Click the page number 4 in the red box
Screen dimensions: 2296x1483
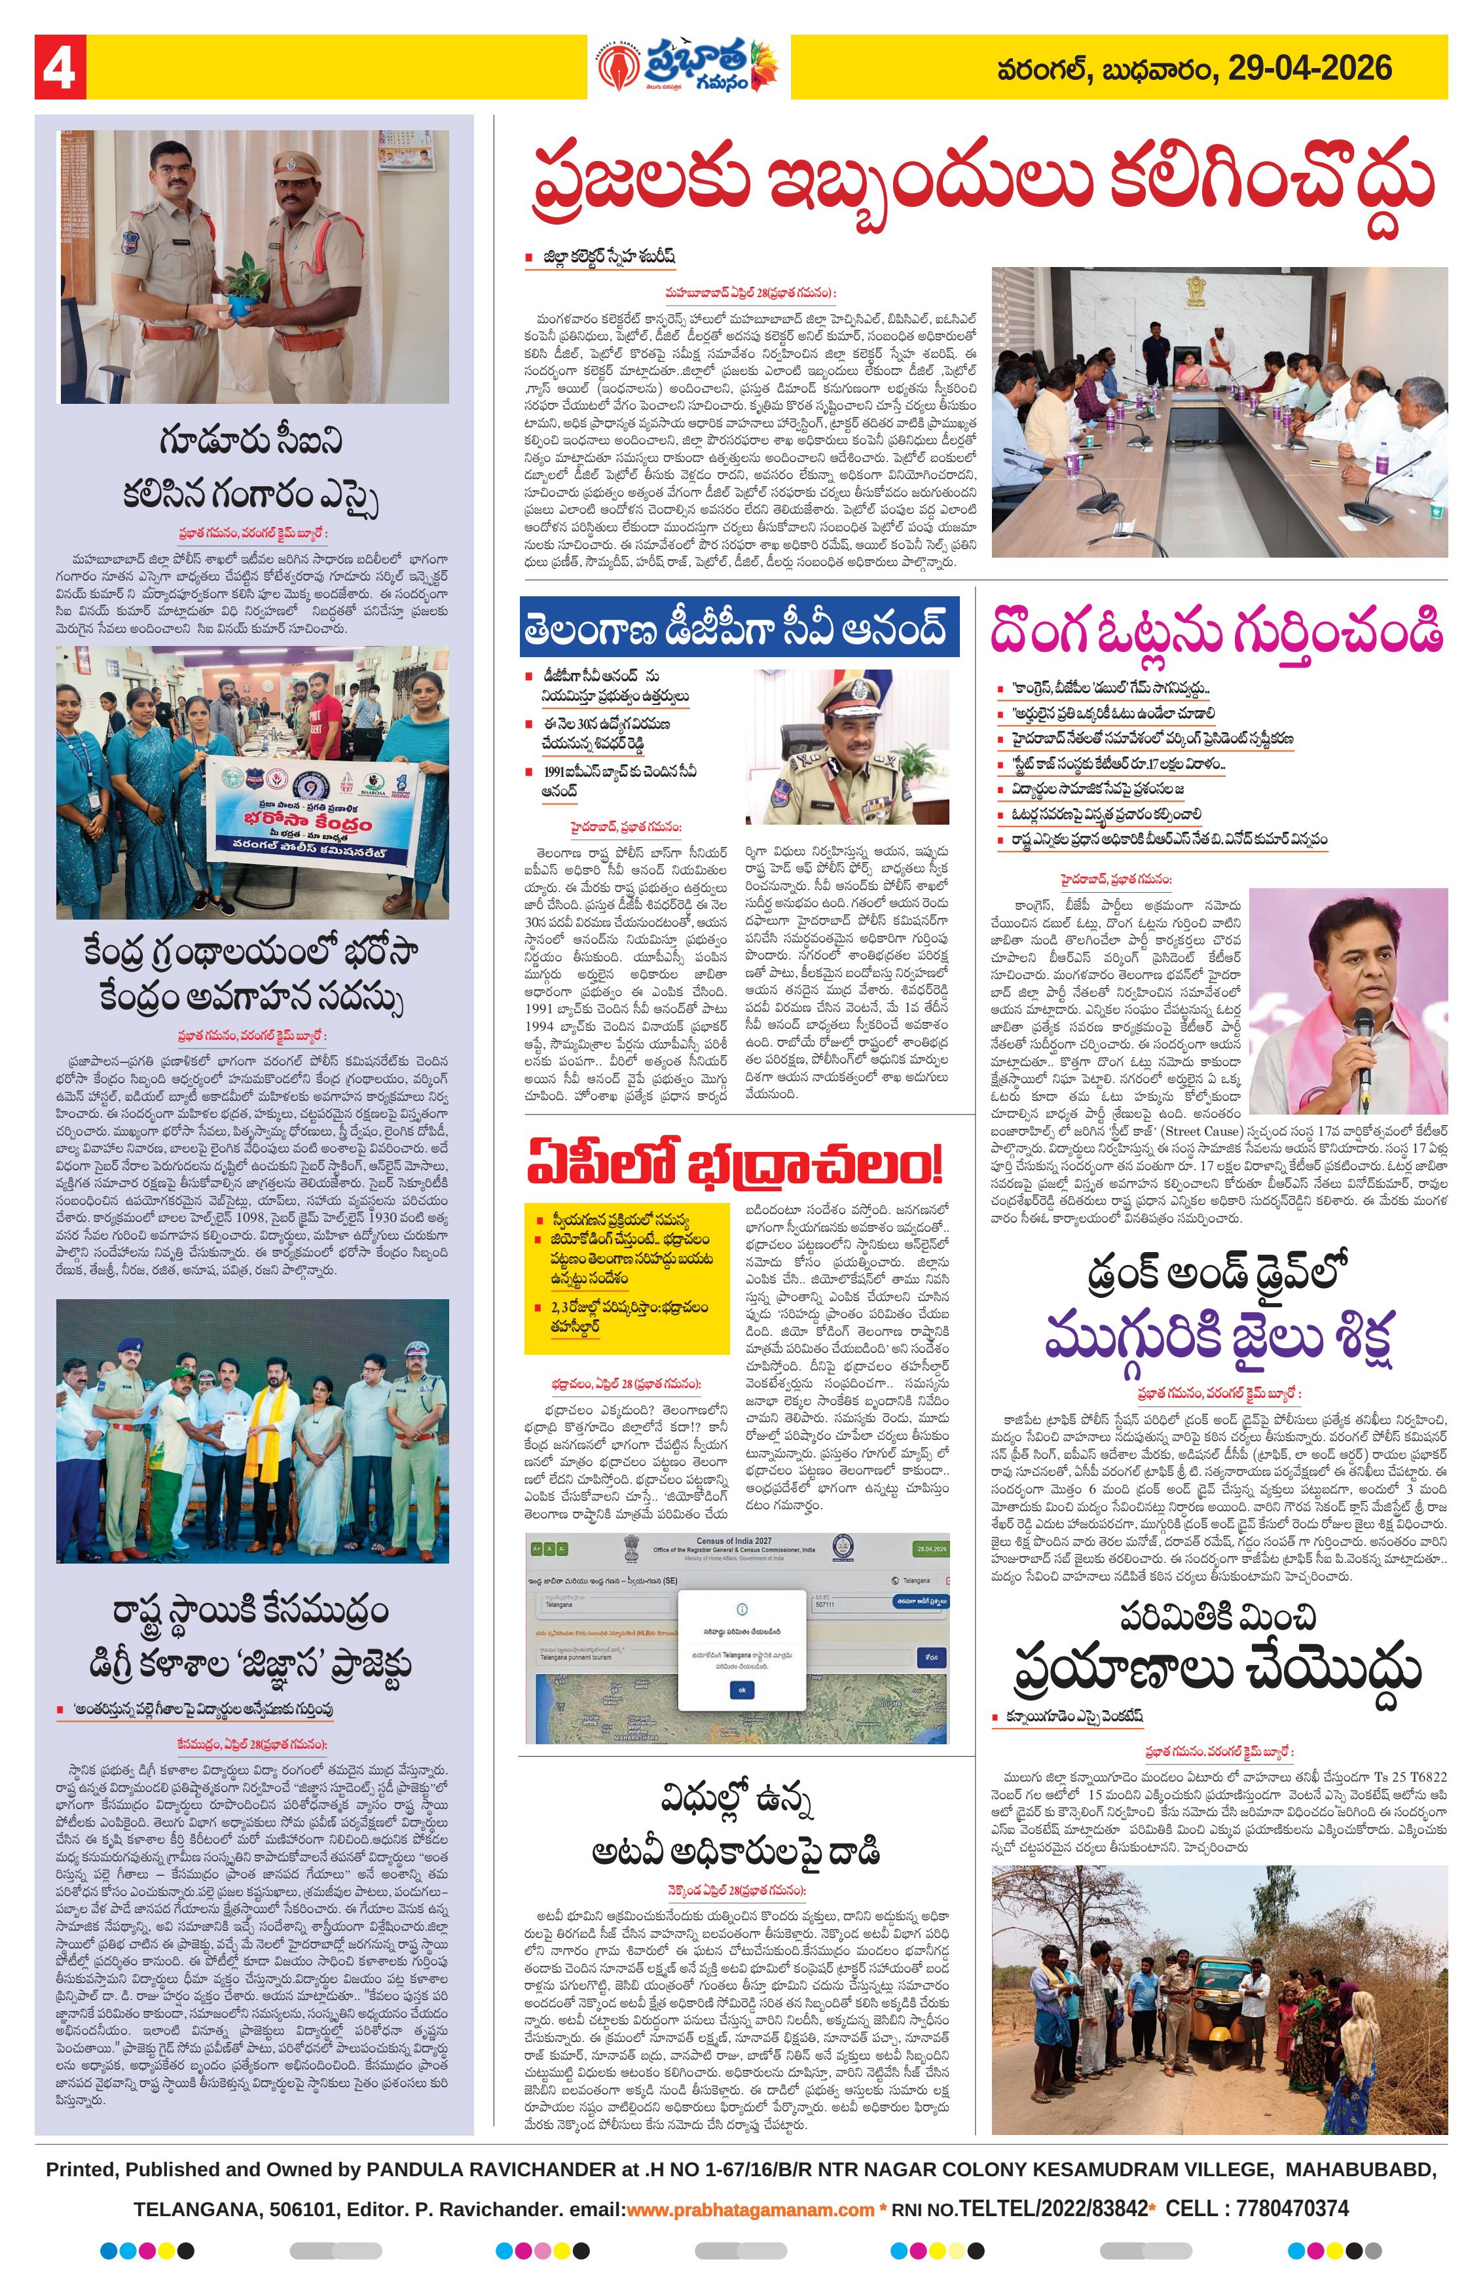[60, 68]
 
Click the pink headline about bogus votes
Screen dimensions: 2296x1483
[1217, 632]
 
